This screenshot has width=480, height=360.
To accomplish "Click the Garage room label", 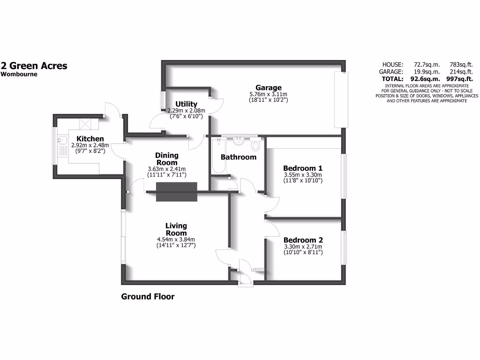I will pos(269,88).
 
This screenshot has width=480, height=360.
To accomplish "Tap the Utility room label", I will pos(186,104).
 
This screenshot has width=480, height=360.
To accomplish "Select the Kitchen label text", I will pos(90,139).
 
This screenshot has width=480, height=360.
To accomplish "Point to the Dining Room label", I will pos(167,159).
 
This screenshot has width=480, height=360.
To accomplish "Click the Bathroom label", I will pos(239,157).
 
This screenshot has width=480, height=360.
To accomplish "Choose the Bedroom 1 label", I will pos(303,168).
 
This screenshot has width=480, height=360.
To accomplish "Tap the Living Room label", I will pos(176,230).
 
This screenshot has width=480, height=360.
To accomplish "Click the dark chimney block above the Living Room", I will pos(177,192).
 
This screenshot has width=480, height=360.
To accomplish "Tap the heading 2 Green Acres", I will pos(34,66).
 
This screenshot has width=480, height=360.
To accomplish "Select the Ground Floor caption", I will pos(148,296).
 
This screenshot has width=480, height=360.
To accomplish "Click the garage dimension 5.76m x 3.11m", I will pos(269,94).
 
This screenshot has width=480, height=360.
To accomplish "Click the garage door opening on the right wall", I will pos(341,99).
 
